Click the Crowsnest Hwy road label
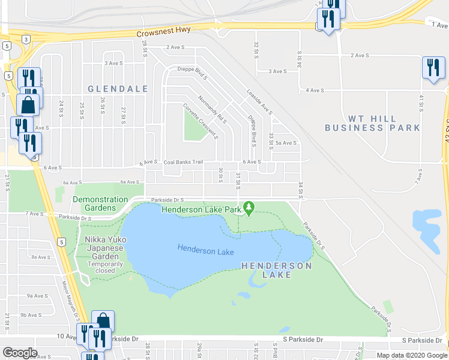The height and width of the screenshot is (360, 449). (x=160, y=35)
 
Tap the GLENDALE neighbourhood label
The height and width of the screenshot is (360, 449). (x=118, y=89)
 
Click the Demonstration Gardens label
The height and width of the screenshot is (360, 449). (x=100, y=203)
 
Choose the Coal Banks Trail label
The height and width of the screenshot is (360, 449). (x=184, y=162)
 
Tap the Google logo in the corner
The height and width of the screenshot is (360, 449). (x=20, y=353)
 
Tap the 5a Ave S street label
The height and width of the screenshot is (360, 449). (x=286, y=143)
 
